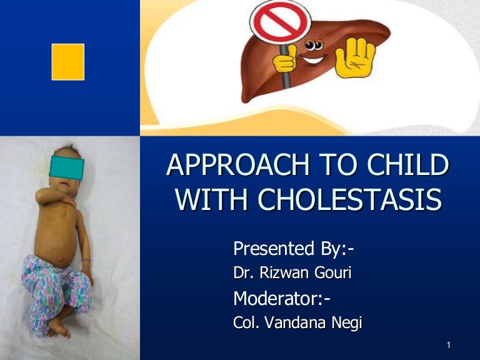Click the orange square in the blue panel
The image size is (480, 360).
coord(67,62)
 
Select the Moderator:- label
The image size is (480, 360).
coord(282,299)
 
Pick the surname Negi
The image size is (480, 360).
coord(346,323)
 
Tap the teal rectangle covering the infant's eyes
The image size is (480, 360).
coord(67,167)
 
